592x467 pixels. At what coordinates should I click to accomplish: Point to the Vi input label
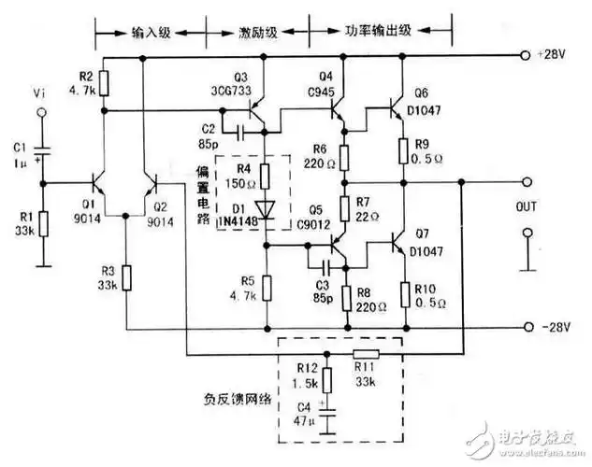point(38,94)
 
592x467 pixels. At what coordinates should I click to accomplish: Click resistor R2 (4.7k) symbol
point(104,82)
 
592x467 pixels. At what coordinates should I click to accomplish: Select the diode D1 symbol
point(266,213)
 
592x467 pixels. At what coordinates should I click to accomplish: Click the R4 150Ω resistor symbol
point(266,174)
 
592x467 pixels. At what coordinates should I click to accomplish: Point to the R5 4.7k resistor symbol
point(266,284)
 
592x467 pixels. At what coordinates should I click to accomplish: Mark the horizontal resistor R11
point(365,354)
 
